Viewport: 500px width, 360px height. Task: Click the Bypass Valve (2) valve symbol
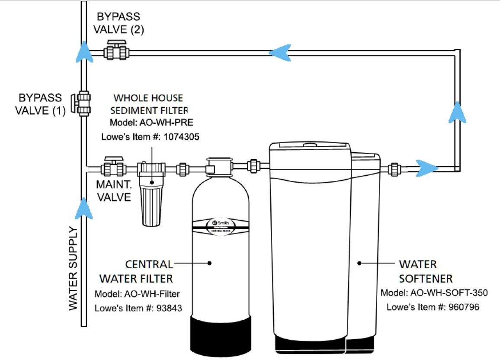tap(116, 51)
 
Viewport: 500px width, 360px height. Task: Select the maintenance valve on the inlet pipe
tap(114, 167)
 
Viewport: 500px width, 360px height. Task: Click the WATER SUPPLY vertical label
tap(73, 268)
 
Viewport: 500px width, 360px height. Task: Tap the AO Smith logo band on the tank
tap(221, 225)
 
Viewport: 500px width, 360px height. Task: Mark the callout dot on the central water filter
tap(210, 263)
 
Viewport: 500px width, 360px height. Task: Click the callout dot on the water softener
tap(359, 263)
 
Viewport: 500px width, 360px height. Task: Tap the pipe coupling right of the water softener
tap(395, 168)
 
